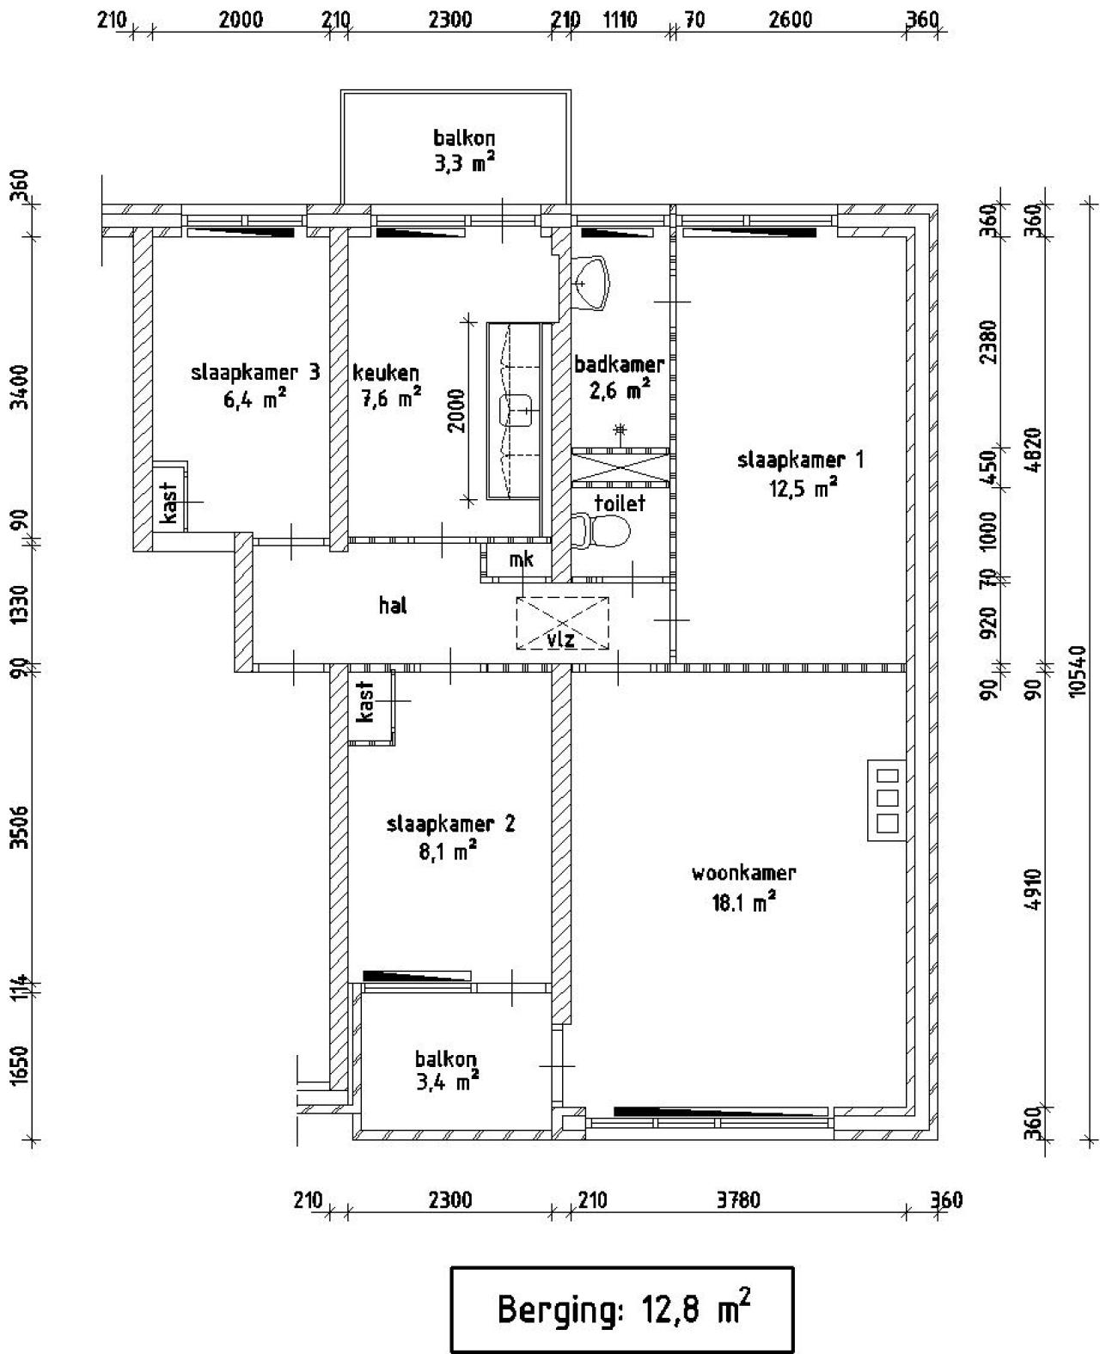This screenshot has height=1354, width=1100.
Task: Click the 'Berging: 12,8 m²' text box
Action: [622, 1309]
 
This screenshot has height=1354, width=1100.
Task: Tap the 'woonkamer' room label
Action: [744, 874]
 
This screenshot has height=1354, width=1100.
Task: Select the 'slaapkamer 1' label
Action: [801, 460]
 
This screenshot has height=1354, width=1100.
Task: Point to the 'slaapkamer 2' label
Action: [450, 824]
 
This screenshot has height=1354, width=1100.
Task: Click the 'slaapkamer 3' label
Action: [255, 372]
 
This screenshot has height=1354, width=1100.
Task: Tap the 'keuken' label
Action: [386, 373]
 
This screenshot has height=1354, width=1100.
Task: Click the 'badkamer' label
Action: [619, 363]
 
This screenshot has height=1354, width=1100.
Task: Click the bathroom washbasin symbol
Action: [594, 281]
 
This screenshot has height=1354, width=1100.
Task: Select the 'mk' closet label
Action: [521, 560]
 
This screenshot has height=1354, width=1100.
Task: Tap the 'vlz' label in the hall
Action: [561, 639]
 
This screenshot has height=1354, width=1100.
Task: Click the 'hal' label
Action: [393, 606]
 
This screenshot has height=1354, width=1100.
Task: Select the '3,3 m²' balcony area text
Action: [464, 163]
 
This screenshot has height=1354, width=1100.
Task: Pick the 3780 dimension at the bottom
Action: [738, 1200]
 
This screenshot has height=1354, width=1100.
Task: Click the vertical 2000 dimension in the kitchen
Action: [456, 411]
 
